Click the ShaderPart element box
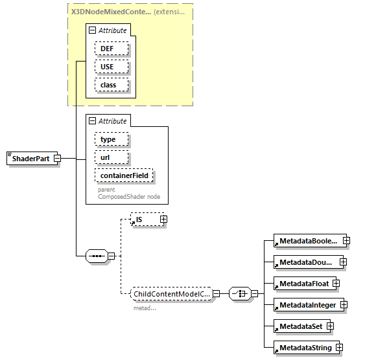click(x=29, y=159)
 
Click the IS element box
click(x=145, y=219)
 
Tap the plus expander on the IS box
click(x=163, y=219)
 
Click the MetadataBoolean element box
click(x=308, y=241)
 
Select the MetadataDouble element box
click(x=306, y=262)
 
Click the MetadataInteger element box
click(x=307, y=305)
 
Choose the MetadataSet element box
click(x=300, y=326)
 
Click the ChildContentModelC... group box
click(x=171, y=294)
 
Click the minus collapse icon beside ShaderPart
click(x=57, y=159)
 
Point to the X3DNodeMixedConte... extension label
click(x=110, y=12)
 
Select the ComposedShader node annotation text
click(x=129, y=196)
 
